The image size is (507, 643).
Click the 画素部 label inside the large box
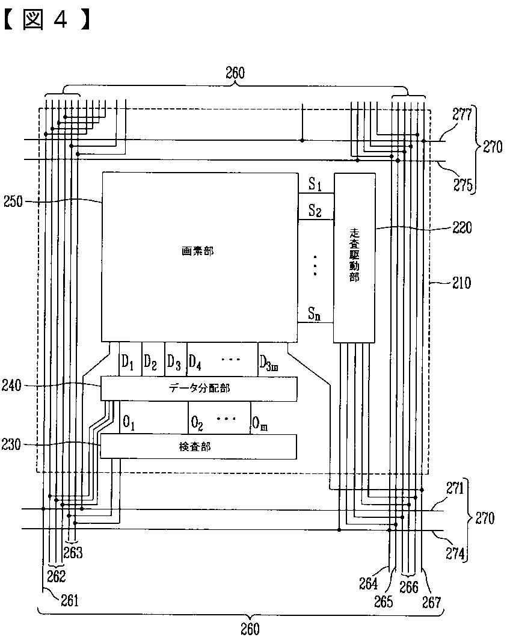click(x=197, y=251)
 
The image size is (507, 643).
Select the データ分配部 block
click(x=198, y=389)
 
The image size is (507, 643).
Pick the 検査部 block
click(x=198, y=446)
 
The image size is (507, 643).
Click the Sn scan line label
click(x=315, y=313)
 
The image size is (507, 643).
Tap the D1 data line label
click(x=128, y=361)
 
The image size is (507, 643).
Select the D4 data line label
click(x=195, y=361)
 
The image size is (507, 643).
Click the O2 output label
click(x=197, y=423)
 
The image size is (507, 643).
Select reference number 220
click(x=462, y=228)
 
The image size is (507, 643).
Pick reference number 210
click(x=462, y=282)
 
